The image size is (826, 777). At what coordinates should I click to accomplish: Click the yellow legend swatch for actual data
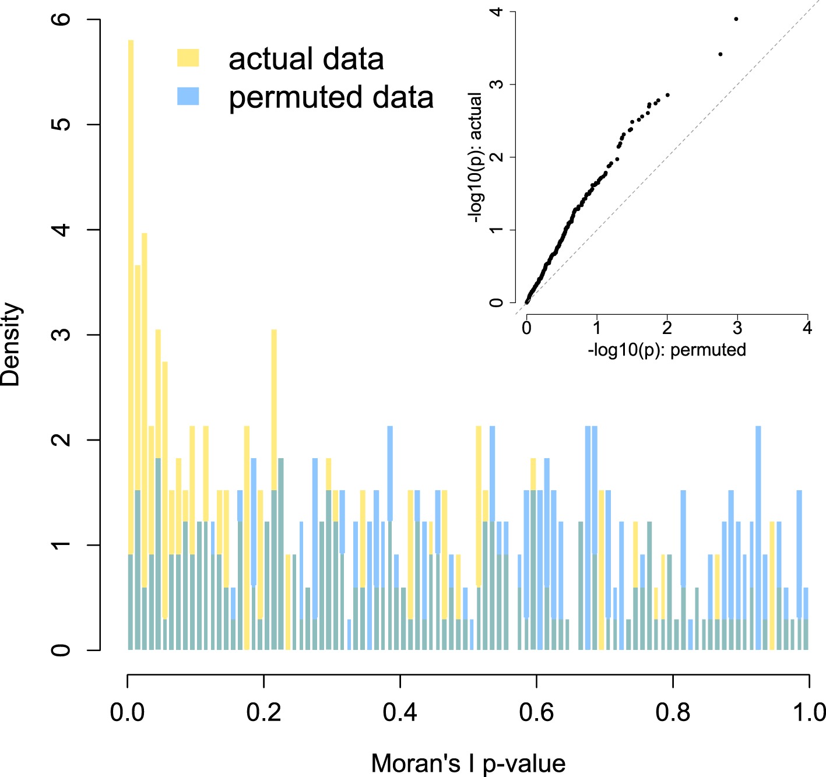[x=188, y=58]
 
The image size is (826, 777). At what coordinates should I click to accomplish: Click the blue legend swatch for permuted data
[x=188, y=96]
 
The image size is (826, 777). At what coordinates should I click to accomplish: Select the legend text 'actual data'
[x=306, y=59]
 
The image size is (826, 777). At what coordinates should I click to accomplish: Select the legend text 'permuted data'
[x=331, y=97]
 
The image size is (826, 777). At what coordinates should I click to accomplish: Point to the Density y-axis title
[x=10, y=344]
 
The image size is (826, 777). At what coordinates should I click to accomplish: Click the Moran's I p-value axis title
[x=468, y=763]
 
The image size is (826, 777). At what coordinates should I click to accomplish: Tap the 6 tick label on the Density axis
[x=61, y=19]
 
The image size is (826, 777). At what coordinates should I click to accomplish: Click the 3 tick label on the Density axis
[x=61, y=335]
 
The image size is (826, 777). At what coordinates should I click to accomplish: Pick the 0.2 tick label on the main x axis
[x=264, y=712]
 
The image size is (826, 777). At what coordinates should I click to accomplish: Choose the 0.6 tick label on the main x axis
[x=537, y=712]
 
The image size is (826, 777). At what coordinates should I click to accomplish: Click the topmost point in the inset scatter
[x=736, y=19]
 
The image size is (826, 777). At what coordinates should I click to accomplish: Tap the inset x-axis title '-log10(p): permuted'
[x=667, y=350]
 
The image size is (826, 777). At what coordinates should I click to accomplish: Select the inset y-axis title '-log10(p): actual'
[x=475, y=157]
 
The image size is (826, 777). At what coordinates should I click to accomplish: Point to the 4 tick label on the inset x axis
[x=807, y=328]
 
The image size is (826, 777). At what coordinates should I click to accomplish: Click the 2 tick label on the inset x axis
[x=667, y=328]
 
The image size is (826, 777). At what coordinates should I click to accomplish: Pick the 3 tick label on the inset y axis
[x=496, y=85]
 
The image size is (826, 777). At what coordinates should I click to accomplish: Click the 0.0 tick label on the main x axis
[x=128, y=712]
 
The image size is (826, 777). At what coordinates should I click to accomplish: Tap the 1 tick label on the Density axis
[x=61, y=545]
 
